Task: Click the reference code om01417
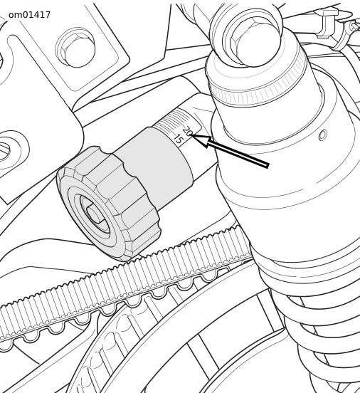pos(29,15)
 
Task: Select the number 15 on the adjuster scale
pos(178,139)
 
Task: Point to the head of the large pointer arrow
pos(191,135)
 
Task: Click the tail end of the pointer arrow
pos(268,166)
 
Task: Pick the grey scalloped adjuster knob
pos(108,203)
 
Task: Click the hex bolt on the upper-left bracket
pos(78,50)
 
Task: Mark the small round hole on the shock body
pos(323,135)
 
